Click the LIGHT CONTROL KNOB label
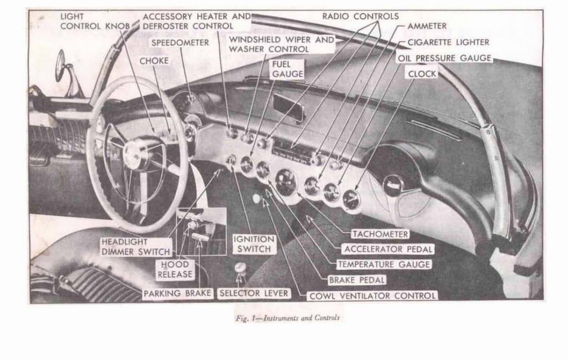click(95, 21)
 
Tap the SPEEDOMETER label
click(180, 43)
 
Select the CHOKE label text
click(154, 61)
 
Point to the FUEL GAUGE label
click(287, 69)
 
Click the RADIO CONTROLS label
click(360, 17)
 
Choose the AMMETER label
click(427, 26)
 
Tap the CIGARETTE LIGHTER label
click(448, 42)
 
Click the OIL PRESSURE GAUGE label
click(444, 58)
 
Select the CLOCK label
click(422, 74)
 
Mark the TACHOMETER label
click(380, 234)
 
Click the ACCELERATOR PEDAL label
click(388, 250)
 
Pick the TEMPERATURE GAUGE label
click(384, 265)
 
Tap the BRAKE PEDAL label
click(357, 280)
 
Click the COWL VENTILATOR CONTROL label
click(373, 296)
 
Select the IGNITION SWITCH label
click(253, 244)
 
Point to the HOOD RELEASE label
click(175, 269)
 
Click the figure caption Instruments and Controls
click(287, 318)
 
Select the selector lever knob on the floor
click(240, 268)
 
